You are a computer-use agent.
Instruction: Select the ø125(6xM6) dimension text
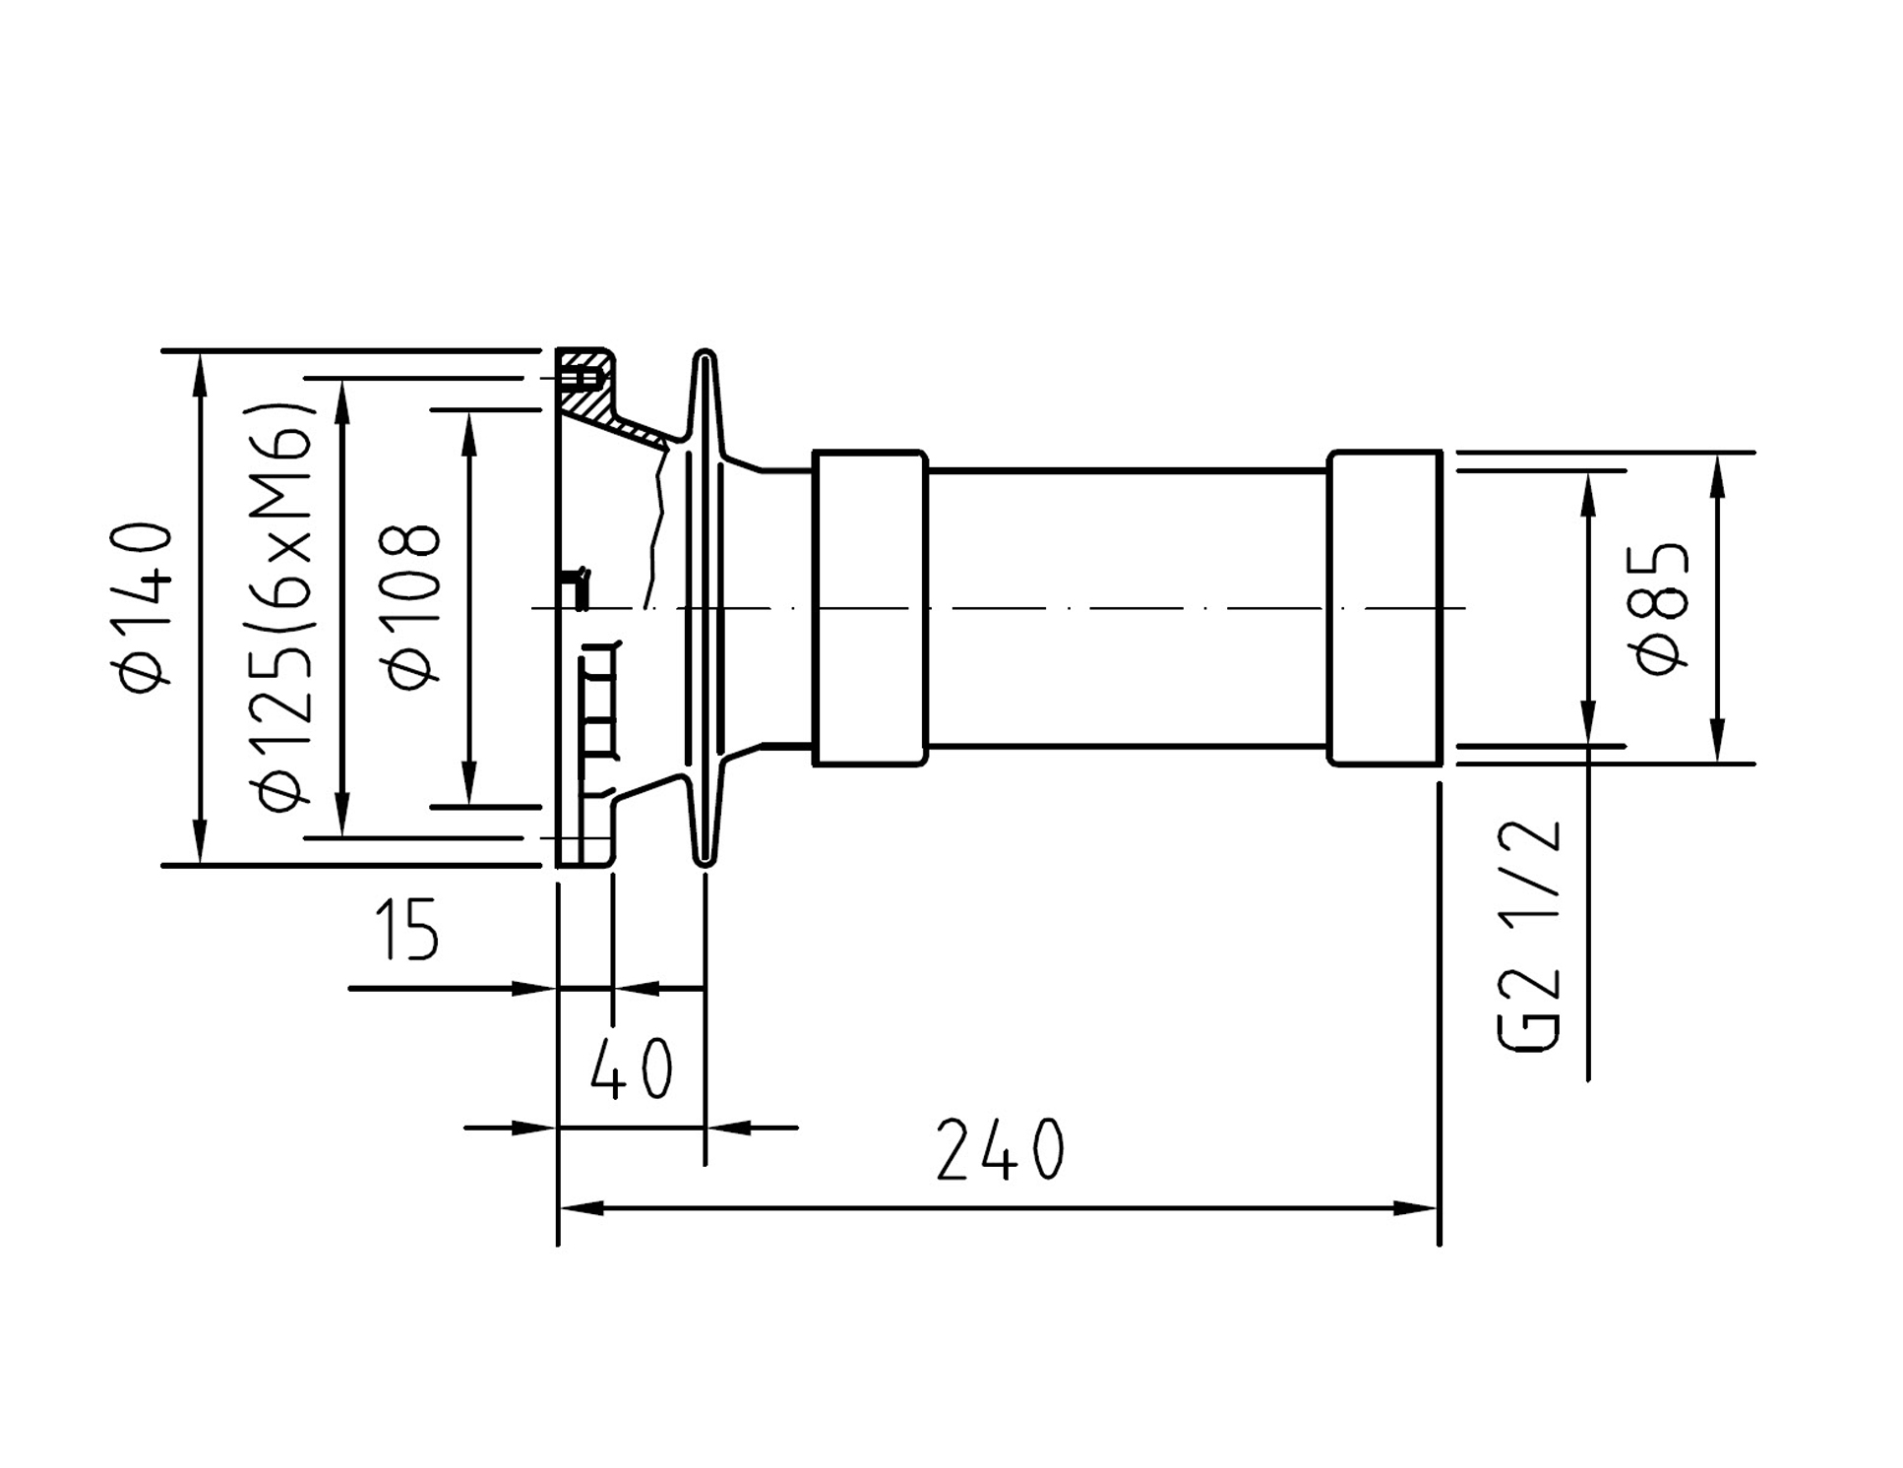pyautogui.click(x=286, y=606)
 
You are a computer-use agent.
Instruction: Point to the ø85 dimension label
pyautogui.click(x=1662, y=608)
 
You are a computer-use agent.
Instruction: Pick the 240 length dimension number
pyautogui.click(x=1000, y=1149)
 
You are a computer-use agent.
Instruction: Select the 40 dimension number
pyautogui.click(x=632, y=1069)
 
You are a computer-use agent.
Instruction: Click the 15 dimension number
pyautogui.click(x=406, y=929)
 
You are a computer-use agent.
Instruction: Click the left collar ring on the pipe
pyautogui.click(x=870, y=608)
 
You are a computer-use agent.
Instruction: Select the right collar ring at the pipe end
pyautogui.click(x=1384, y=608)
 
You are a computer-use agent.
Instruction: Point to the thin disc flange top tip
pyautogui.click(x=705, y=351)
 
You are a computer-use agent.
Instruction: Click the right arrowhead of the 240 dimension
pyautogui.click(x=1416, y=1208)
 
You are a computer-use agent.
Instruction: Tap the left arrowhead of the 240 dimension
pyautogui.click(x=582, y=1208)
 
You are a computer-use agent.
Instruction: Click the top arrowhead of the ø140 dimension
pyautogui.click(x=200, y=375)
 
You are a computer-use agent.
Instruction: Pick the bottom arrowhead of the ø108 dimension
pyautogui.click(x=469, y=782)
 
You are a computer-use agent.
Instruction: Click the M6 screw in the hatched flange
pyautogui.click(x=583, y=378)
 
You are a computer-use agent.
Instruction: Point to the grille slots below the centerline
pyautogui.click(x=598, y=701)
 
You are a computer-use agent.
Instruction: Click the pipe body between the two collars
pyautogui.click(x=1128, y=608)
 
